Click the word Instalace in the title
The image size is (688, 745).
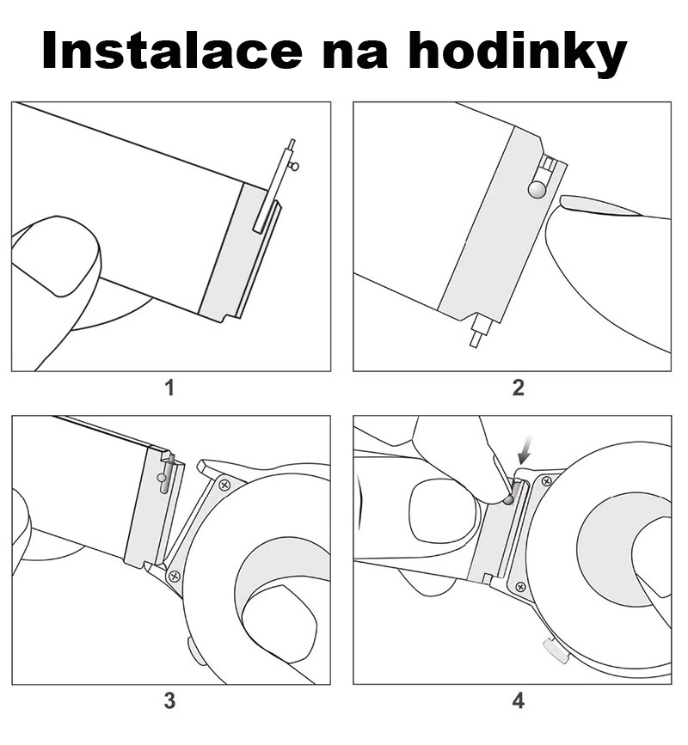pos(172,51)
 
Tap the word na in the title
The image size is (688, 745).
pos(354,56)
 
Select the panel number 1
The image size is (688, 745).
pos(169,388)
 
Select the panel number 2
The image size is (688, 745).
pos(519,388)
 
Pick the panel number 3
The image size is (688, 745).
pos(169,701)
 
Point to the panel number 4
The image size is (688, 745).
pos(519,701)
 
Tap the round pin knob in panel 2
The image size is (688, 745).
pos(537,190)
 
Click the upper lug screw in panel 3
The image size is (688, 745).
pos(224,485)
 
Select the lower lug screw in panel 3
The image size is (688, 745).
pos(175,577)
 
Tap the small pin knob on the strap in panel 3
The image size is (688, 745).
pos(163,478)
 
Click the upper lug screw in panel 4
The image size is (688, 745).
pos(547,481)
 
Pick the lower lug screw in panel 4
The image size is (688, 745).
pos(520,587)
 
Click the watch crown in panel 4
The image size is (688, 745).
pos(556,651)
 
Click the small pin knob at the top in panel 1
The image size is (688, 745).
pos(295,167)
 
